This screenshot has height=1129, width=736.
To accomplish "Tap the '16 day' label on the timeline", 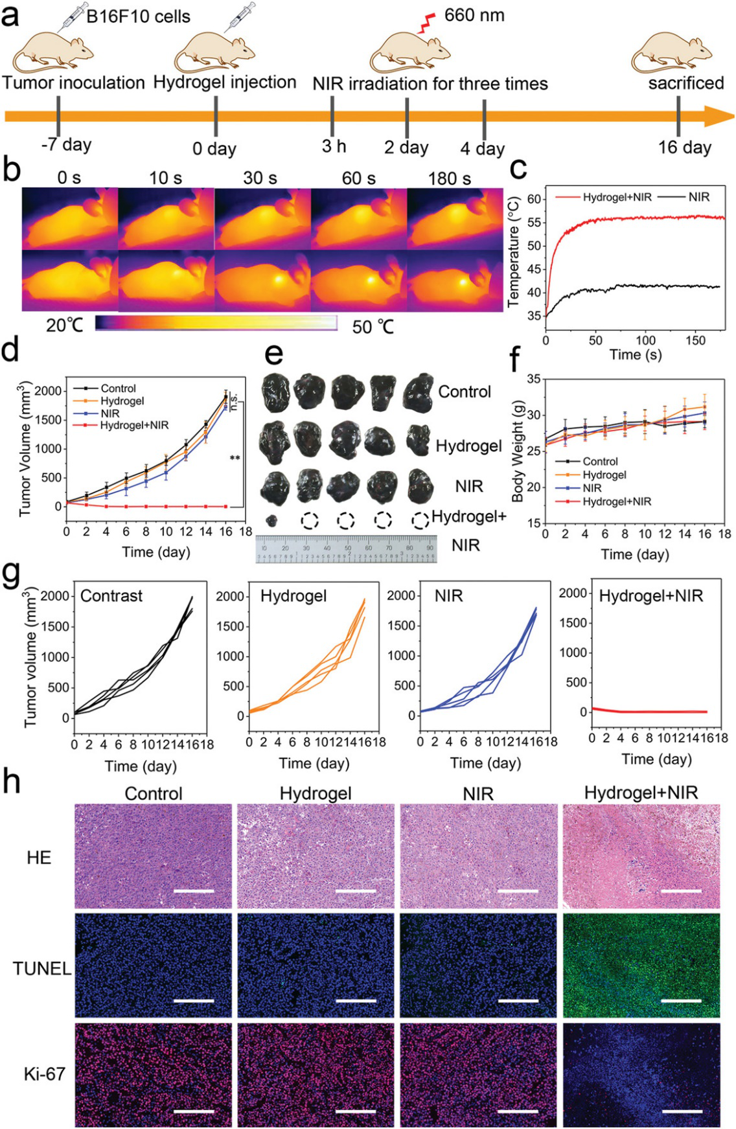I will pyautogui.click(x=684, y=148).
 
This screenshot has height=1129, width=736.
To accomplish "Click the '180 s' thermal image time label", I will pyautogui.click(x=449, y=178).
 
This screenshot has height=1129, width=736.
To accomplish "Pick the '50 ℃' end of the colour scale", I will pyautogui.click(x=373, y=326).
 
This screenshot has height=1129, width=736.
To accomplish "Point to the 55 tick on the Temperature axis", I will pyautogui.click(x=534, y=222).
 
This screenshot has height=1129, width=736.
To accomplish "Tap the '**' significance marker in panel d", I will pyautogui.click(x=235, y=459).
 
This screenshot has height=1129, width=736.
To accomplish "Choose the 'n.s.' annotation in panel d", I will pyautogui.click(x=234, y=402).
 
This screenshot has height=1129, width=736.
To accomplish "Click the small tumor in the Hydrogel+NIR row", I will pyautogui.click(x=272, y=519).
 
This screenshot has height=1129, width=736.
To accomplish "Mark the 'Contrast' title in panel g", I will pyautogui.click(x=111, y=596).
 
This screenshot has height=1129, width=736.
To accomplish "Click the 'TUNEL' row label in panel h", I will pyautogui.click(x=41, y=968).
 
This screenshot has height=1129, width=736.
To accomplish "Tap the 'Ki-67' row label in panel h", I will pyautogui.click(x=44, y=1074).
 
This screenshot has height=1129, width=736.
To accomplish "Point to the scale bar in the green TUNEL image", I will pyautogui.click(x=682, y=1001).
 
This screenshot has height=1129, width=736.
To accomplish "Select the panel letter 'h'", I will pyautogui.click(x=11, y=782).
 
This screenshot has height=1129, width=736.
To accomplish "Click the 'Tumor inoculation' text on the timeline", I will pyautogui.click(x=73, y=83).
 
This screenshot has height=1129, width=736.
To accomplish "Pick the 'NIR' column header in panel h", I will pyautogui.click(x=478, y=793).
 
